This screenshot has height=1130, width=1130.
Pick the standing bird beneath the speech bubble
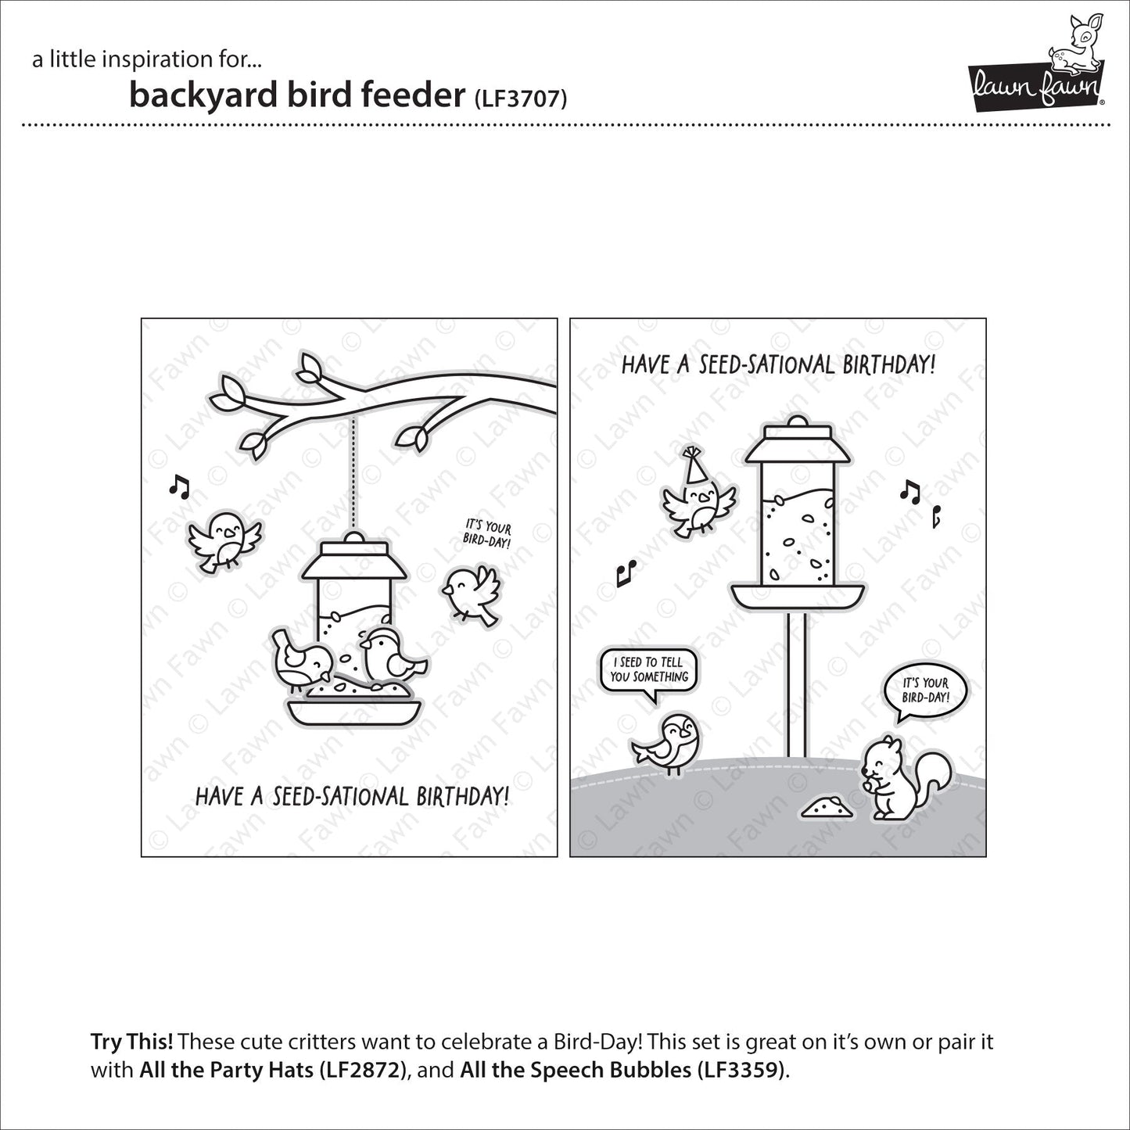click(670, 743)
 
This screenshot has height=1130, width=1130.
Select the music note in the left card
click(179, 486)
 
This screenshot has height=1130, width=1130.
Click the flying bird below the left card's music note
click(223, 539)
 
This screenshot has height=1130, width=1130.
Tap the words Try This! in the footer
click(131, 1042)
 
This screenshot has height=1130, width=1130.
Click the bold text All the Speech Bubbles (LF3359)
click(623, 1069)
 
